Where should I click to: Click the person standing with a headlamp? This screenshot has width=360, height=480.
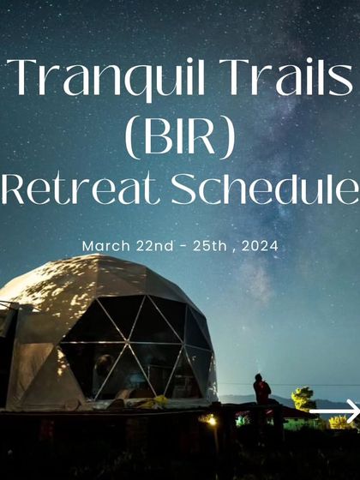(261, 390)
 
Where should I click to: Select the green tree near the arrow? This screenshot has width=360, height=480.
(303, 398)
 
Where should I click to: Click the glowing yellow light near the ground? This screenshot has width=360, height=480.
(211, 420)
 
